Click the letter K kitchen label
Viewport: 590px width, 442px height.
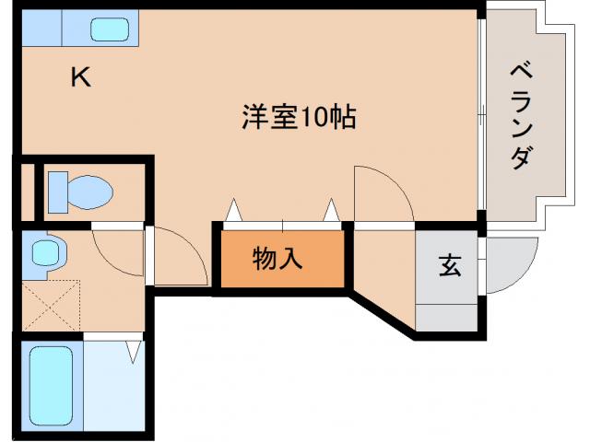[x=81, y=78]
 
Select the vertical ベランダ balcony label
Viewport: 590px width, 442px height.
[x=521, y=115]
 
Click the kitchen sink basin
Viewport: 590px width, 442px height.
[x=111, y=29]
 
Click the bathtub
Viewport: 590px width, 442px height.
[x=51, y=384]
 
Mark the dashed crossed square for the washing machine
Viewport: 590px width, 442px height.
[x=51, y=308]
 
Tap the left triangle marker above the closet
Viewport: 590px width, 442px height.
[x=234, y=212]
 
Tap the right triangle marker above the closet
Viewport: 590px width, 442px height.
[x=331, y=212]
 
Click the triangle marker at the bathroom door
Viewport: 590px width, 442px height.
[x=134, y=350]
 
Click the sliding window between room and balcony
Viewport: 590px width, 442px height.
[x=481, y=115]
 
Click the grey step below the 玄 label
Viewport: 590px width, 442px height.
[x=449, y=315]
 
